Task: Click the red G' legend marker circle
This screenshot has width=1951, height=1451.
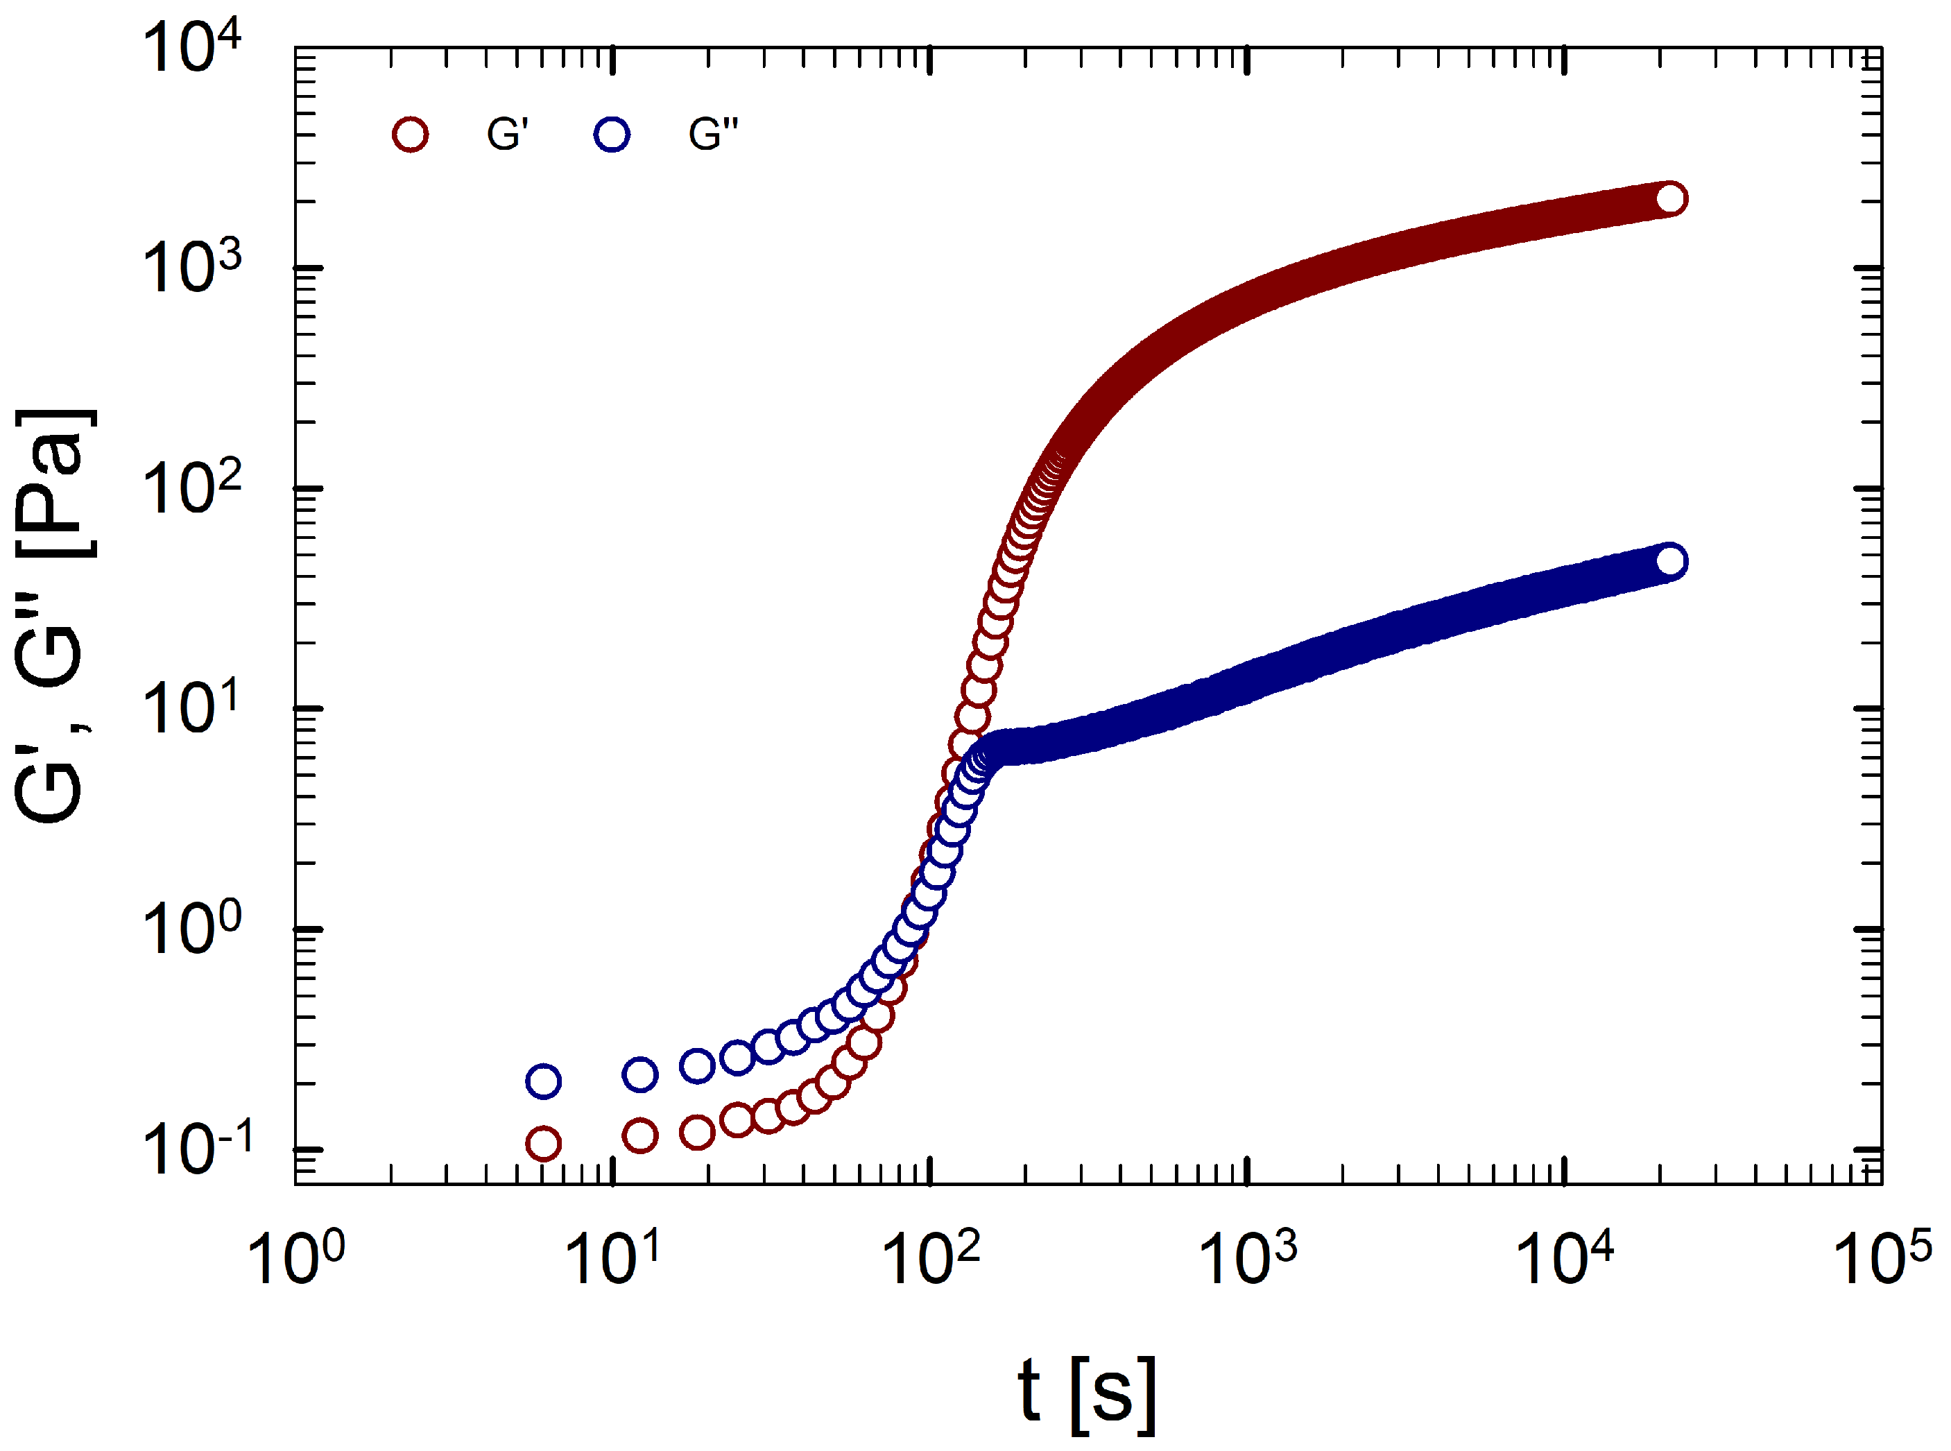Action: point(410,135)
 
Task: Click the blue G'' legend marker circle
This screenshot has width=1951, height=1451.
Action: point(612,135)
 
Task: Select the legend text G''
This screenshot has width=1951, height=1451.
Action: point(713,135)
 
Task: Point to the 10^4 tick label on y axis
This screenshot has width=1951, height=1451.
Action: point(191,49)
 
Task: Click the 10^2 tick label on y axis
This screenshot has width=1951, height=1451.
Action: point(191,488)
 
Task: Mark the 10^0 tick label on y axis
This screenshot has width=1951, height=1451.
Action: point(191,929)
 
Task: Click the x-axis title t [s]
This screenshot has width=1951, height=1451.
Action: point(1087,1391)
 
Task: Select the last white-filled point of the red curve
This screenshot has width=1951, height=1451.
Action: point(1671,198)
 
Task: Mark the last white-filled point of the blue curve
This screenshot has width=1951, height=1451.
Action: point(1671,561)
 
